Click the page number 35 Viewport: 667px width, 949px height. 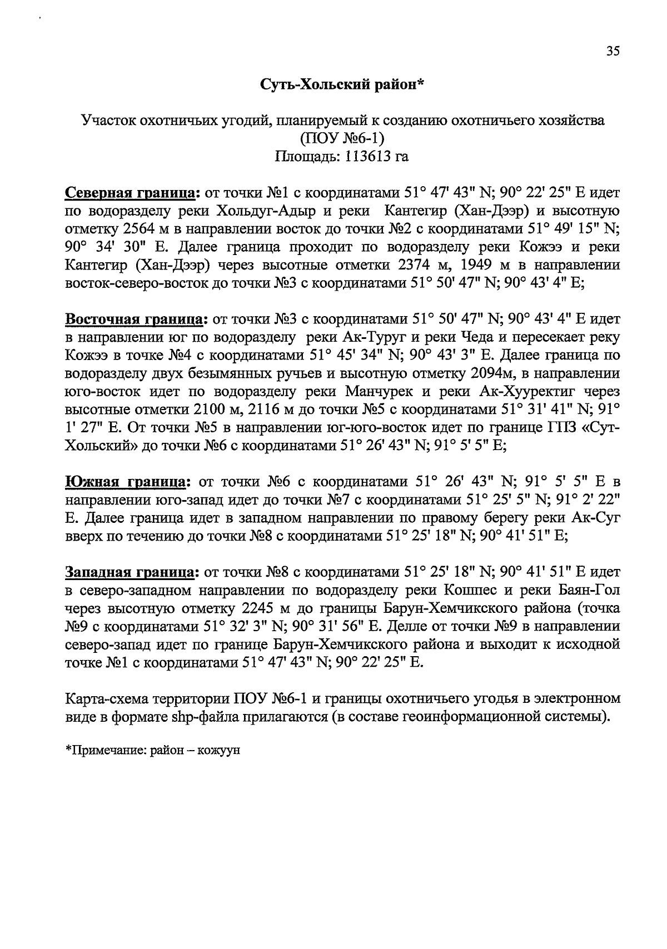coord(612,51)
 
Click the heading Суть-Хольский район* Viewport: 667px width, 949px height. coord(342,84)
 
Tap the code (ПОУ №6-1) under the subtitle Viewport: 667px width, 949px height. coord(342,138)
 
